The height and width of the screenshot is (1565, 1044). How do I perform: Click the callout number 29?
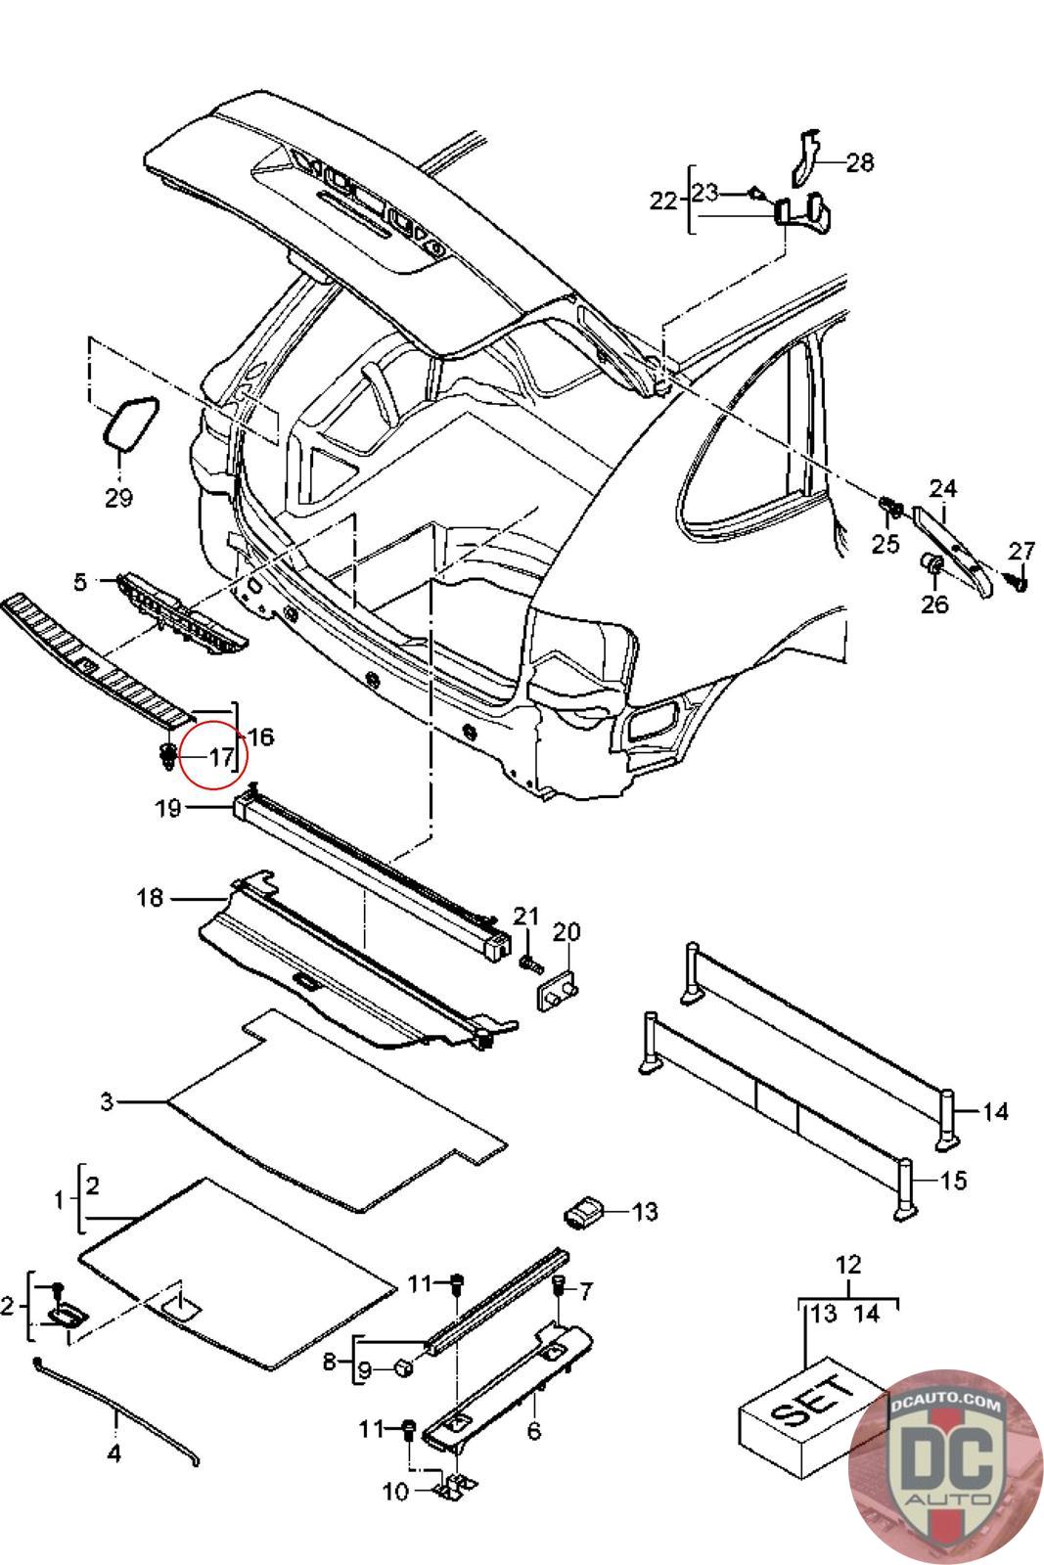118,498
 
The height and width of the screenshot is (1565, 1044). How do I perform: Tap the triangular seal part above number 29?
131,422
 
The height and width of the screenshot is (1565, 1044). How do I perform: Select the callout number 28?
859,162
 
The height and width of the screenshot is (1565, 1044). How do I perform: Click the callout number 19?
167,808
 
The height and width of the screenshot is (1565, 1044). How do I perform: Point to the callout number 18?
151,898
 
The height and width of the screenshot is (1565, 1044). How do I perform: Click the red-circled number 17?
221,757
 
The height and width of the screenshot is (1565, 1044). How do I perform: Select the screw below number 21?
530,964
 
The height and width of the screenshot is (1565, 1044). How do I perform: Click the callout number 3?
107,1101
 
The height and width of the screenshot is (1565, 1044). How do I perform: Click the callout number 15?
954,1180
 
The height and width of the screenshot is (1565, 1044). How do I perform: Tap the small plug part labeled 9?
405,1367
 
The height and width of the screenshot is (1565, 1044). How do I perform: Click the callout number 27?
1021,552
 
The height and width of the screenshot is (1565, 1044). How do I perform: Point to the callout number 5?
80,581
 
